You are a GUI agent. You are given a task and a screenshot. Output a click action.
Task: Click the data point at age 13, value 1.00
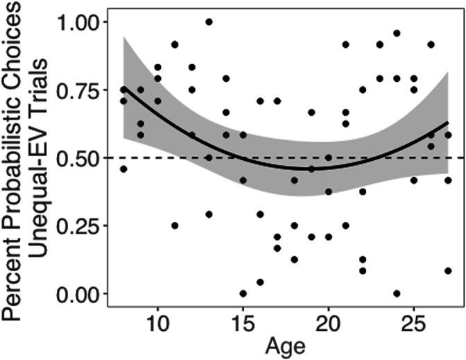point(209,22)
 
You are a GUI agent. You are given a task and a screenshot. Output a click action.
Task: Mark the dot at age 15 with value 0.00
point(243,293)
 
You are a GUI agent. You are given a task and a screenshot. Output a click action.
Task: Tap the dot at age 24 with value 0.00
point(397,293)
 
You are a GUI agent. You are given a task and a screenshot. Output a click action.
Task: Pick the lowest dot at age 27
point(448,271)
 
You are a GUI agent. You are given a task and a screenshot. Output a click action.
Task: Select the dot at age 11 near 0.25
point(175,225)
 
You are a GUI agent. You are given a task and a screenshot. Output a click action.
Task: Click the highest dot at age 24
point(397,33)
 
